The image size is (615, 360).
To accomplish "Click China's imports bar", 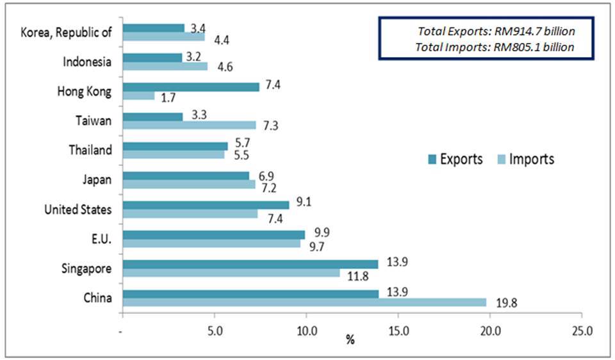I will (x=304, y=302).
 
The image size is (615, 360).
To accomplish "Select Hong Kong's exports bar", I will (x=191, y=87).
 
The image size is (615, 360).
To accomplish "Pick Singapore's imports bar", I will (x=231, y=273).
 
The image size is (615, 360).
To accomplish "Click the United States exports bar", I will (x=206, y=204).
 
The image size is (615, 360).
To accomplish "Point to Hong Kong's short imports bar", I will (x=138, y=96).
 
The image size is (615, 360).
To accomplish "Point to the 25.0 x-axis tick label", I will (x=582, y=331).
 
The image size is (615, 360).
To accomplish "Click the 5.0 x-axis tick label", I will (x=215, y=331).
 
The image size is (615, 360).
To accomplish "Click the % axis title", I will (x=350, y=340).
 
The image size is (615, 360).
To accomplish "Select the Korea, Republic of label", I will (x=67, y=33).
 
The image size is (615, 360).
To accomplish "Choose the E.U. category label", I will (x=101, y=239).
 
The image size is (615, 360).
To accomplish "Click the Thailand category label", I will (x=90, y=151).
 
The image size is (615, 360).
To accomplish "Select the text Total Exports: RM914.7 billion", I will (x=496, y=31).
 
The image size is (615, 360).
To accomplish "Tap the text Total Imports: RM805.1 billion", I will (x=495, y=46).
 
